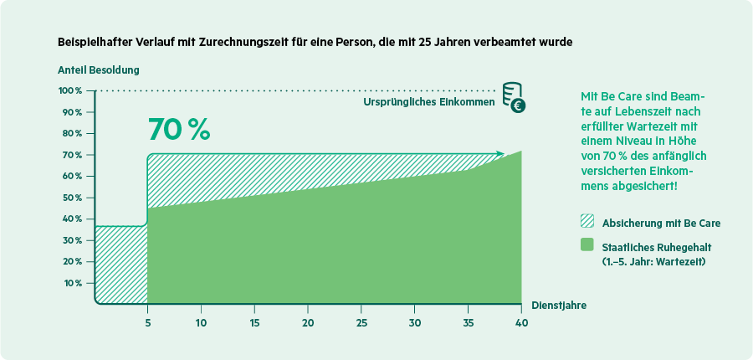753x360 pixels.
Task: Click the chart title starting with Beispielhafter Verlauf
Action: point(315,41)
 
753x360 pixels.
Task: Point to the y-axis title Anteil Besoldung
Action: point(98,69)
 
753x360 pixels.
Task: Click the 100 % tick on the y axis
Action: point(70,90)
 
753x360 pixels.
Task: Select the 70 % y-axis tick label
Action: point(72,155)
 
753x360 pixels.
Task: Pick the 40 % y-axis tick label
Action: point(72,219)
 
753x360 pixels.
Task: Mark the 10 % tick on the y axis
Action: point(72,283)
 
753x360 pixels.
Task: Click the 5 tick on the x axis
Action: point(147,323)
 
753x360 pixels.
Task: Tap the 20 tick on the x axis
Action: point(308,323)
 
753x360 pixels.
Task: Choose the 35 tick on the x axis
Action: point(468,323)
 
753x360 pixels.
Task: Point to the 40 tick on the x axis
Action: point(521,323)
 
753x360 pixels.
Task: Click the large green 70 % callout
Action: point(178,129)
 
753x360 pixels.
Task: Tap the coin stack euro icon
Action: point(514,98)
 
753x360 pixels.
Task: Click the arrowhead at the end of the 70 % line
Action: point(500,153)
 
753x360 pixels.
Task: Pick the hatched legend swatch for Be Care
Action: point(587,223)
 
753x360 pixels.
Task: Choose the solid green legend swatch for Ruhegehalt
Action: point(587,245)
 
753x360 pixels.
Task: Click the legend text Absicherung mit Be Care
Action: point(661,224)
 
